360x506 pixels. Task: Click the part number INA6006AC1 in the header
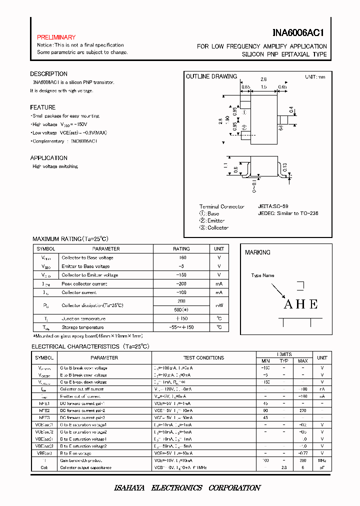[299, 33]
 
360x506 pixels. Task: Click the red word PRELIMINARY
[56, 37]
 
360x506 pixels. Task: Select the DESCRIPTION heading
[48, 74]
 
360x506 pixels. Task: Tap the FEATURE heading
[42, 107]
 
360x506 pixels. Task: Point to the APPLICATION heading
[49, 158]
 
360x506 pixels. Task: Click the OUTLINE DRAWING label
[211, 76]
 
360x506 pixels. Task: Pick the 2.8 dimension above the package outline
[263, 79]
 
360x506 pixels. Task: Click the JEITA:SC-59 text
[273, 206]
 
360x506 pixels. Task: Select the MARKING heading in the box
[257, 252]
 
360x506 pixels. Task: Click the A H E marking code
[300, 304]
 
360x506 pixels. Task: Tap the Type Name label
[262, 275]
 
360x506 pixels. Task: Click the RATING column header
[181, 248]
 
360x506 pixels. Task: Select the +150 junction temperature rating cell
[181, 318]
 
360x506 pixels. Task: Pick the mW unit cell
[219, 305]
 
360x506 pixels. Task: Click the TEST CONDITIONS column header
[203, 358]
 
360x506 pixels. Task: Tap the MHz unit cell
[322, 460]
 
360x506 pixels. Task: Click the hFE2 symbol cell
[42, 410]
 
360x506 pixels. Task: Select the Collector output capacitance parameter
[85, 467]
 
